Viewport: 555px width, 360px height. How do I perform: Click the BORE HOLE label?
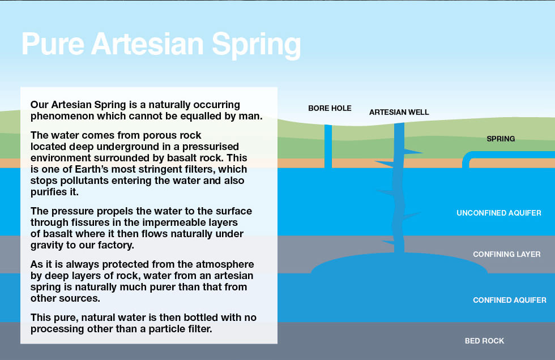point(330,108)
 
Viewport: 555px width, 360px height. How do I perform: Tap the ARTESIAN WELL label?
point(399,112)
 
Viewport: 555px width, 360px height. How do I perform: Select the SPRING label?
point(501,139)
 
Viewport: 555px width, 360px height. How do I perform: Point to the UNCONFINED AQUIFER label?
point(499,213)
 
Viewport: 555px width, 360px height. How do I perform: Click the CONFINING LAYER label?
point(506,254)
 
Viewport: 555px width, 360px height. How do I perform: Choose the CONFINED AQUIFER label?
point(509,300)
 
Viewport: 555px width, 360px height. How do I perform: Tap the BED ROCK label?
point(484,341)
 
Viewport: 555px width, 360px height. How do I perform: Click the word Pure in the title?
point(53,44)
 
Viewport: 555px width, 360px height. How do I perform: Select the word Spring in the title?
point(256,46)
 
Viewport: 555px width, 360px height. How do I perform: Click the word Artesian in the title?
point(148,44)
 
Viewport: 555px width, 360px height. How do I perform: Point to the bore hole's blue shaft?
point(328,146)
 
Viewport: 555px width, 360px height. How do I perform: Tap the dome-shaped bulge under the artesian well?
point(399,263)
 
